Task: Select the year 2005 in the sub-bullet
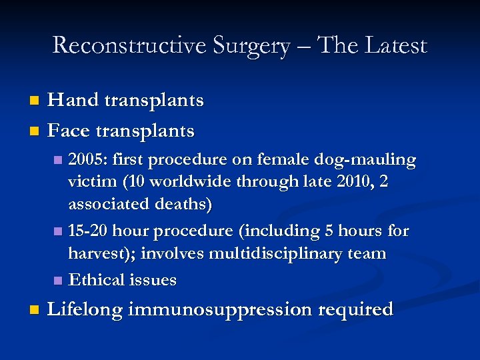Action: pyautogui.click(x=89, y=161)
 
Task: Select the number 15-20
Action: pyautogui.click(x=88, y=231)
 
